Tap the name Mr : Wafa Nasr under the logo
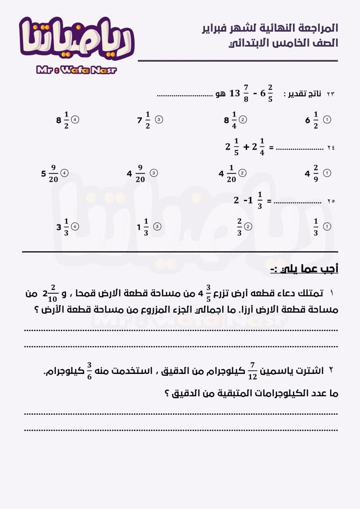pyautogui.click(x=76, y=70)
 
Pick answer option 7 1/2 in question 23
pyautogui.click(x=144, y=120)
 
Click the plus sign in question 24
pyautogui.click(x=246, y=147)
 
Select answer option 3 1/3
pyautogui.click(x=63, y=227)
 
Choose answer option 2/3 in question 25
pyautogui.click(x=239, y=227)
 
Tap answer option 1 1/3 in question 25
pyautogui.click(x=143, y=227)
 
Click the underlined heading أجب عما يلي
pyautogui.click(x=304, y=269)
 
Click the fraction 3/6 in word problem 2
pyautogui.click(x=89, y=371)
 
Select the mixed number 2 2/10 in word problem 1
pyautogui.click(x=50, y=295)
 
